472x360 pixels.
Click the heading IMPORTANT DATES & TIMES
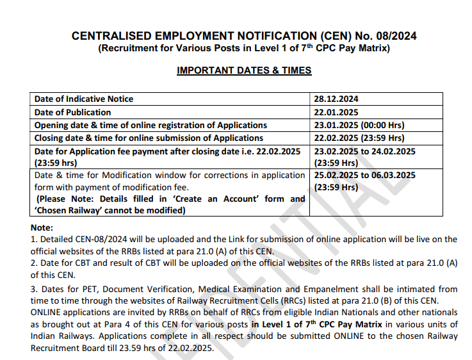244,70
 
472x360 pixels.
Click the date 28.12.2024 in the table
336,99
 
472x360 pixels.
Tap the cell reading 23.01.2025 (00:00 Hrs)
359,125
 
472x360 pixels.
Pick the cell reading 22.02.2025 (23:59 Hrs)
359,138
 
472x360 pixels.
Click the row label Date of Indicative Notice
84,99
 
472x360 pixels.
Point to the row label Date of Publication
72,112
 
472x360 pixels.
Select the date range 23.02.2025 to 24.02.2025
365,151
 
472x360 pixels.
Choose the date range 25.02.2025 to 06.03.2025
365,175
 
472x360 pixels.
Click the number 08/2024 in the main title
394,36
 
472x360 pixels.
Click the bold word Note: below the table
42,227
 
